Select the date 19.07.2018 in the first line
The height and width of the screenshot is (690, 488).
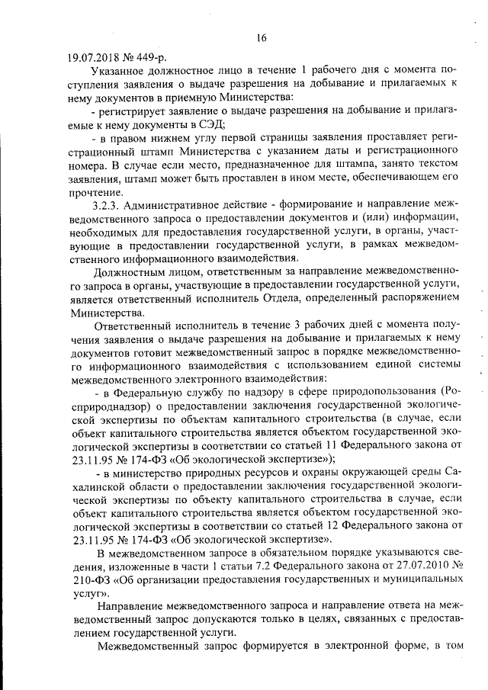pyautogui.click(x=93, y=56)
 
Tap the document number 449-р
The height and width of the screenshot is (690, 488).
pyautogui.click(x=150, y=56)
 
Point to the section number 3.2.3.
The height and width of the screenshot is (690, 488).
pyautogui.click(x=109, y=205)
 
